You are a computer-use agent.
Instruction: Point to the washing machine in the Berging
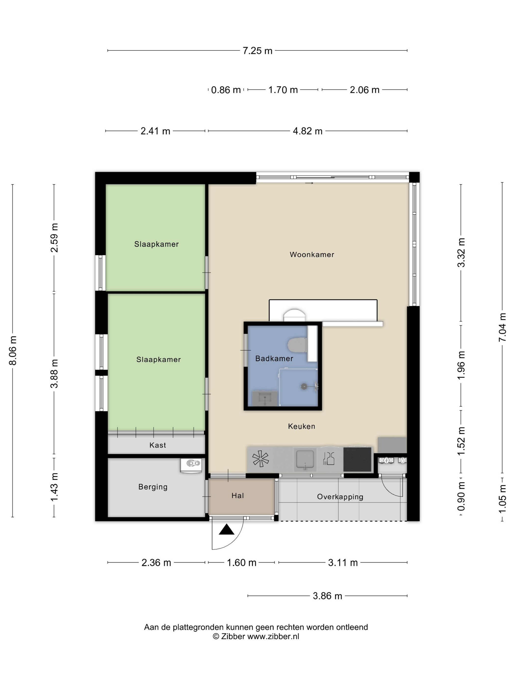click(191, 465)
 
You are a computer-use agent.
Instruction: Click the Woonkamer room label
click(312, 255)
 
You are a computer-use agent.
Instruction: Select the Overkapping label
click(340, 497)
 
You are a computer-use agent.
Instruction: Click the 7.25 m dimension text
click(257, 50)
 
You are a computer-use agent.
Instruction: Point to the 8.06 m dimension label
click(13, 350)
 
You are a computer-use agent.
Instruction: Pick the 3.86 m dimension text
click(327, 596)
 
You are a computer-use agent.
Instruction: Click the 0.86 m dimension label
click(226, 90)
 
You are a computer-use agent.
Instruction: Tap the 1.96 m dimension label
click(461, 365)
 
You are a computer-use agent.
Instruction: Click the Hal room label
click(237, 496)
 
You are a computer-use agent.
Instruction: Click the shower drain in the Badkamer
click(304, 386)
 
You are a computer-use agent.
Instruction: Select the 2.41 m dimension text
click(155, 131)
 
